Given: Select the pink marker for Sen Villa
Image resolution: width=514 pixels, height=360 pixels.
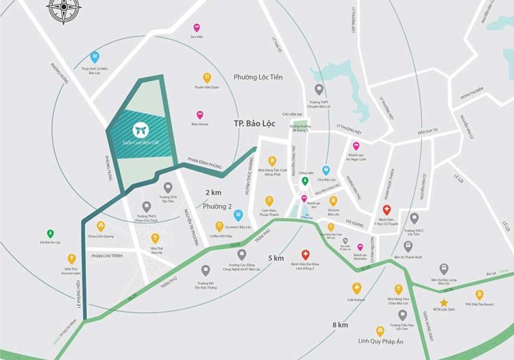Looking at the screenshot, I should [x=196, y=28].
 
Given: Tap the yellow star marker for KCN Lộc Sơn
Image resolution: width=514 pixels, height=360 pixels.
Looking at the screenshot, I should [x=444, y=302].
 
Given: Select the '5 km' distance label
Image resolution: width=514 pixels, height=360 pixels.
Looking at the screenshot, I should [x=277, y=258].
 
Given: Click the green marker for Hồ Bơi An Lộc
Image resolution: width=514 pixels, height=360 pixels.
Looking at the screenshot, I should [x=50, y=233].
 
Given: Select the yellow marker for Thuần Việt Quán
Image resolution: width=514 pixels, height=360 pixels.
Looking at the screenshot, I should [x=206, y=77].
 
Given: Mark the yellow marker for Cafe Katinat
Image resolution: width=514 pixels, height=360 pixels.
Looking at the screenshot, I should [x=356, y=288].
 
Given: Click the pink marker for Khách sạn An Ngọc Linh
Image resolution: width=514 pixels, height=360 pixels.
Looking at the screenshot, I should [x=356, y=146].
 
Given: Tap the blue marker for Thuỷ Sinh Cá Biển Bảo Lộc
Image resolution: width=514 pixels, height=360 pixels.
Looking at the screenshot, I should [x=95, y=58].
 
